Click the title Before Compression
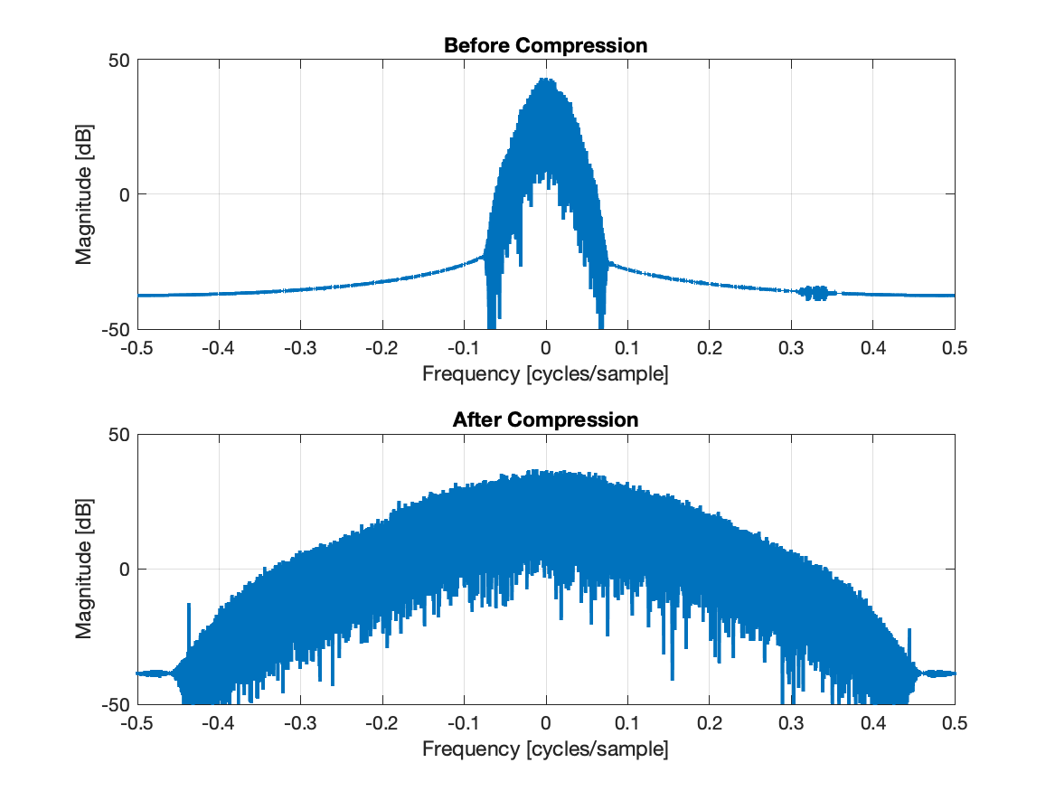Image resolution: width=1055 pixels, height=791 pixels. click(545, 45)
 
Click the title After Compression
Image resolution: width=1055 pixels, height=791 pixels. click(545, 419)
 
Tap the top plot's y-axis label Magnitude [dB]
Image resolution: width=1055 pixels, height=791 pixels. click(84, 194)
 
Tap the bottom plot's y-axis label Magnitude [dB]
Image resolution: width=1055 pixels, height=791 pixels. click(84, 569)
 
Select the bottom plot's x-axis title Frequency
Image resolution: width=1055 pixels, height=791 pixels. click(545, 749)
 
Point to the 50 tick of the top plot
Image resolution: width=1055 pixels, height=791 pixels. click(119, 61)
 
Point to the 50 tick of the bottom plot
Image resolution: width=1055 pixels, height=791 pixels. click(119, 435)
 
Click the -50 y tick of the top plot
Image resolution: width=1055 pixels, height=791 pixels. click(116, 329)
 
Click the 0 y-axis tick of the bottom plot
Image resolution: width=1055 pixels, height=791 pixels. click(125, 570)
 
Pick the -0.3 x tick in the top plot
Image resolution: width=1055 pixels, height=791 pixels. click(299, 349)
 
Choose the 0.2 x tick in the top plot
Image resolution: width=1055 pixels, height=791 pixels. click(710, 349)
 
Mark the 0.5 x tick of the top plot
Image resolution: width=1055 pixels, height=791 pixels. click(955, 349)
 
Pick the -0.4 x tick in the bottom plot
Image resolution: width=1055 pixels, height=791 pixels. click(217, 723)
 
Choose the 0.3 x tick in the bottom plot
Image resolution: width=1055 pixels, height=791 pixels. click(791, 723)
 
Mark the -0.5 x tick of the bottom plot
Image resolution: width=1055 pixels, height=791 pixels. click(136, 723)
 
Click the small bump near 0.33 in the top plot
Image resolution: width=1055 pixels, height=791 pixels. click(817, 292)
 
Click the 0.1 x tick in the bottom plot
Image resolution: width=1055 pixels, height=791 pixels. click(627, 723)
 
